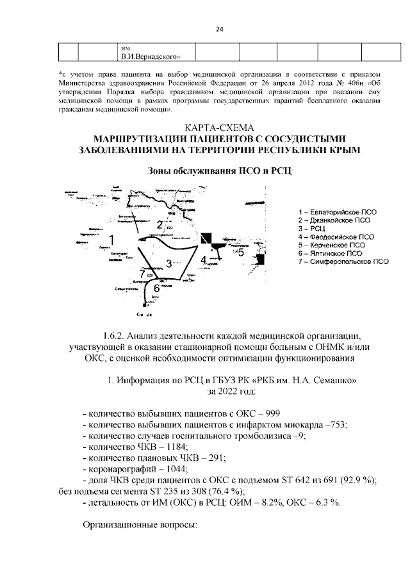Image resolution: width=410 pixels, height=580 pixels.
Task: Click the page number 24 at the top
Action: coord(219,29)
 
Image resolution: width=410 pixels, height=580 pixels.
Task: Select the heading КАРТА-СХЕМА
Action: coord(218,126)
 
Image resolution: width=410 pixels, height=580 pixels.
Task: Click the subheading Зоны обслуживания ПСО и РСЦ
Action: coord(218,171)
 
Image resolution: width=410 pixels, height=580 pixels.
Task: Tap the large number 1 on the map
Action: coord(111,239)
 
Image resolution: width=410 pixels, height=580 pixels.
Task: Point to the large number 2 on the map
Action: coord(159,224)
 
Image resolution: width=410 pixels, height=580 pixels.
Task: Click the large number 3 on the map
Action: coord(168,263)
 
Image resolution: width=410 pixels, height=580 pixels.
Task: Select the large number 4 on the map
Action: coord(203,260)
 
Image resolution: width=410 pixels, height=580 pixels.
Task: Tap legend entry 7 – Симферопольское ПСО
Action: coord(343,261)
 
